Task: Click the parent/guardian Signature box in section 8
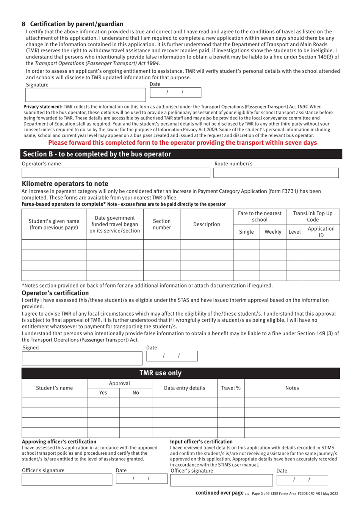[x=85, y=95]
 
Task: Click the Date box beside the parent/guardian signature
[x=175, y=93]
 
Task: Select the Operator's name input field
[x=116, y=173]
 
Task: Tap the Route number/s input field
[x=276, y=173]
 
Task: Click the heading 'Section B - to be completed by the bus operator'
[x=97, y=154]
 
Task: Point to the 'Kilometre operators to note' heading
[x=65, y=184]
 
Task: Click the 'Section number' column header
[x=162, y=224]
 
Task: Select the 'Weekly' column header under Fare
[x=272, y=232]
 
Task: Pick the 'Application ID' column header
[x=321, y=232]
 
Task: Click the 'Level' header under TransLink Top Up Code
[x=294, y=232]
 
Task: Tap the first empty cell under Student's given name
[x=54, y=245]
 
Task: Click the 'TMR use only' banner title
[x=161, y=373]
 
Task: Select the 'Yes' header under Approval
[x=103, y=393]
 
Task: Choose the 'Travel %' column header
[x=231, y=388]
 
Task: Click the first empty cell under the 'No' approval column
[x=136, y=402]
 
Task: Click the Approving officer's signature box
[x=67, y=480]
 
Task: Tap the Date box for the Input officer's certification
[x=302, y=480]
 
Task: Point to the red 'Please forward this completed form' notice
[x=182, y=143]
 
